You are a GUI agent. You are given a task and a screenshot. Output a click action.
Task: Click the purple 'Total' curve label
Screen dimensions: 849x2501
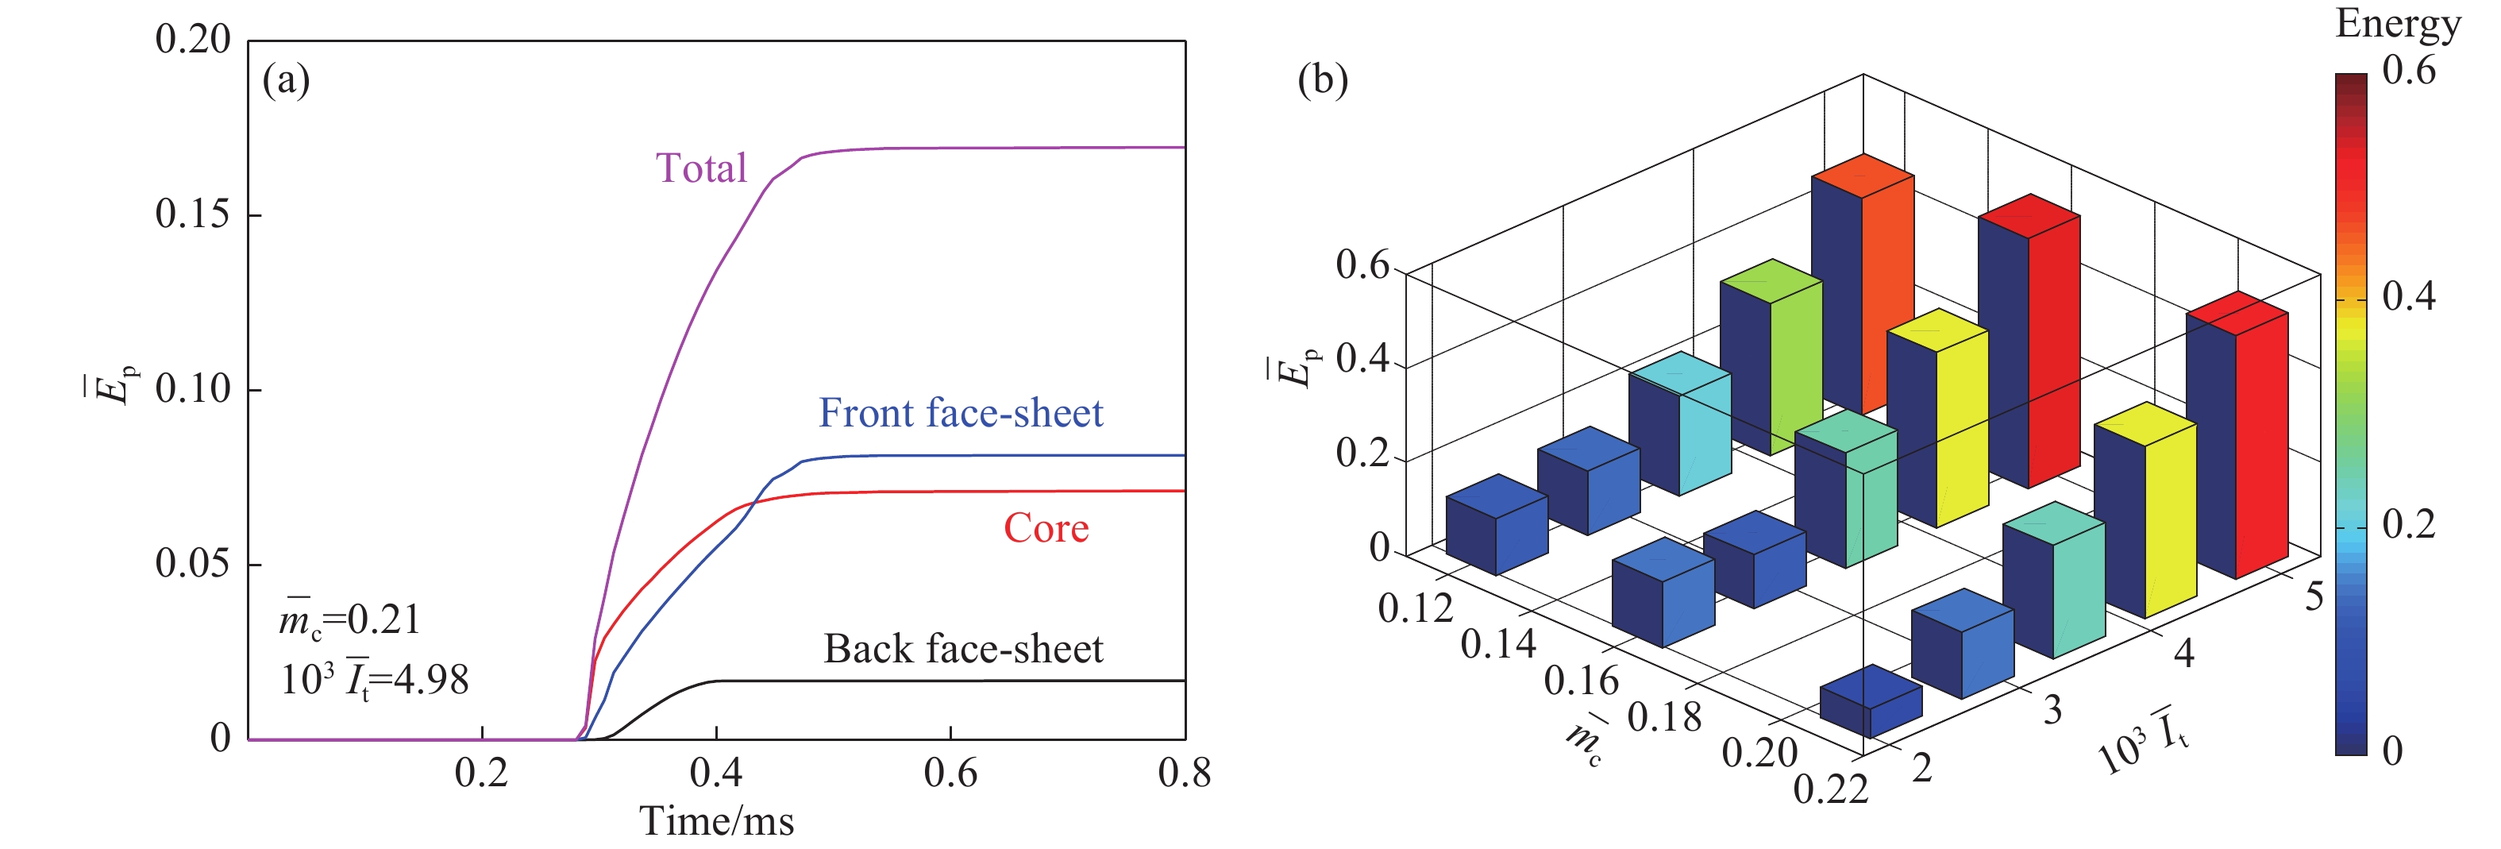tap(701, 168)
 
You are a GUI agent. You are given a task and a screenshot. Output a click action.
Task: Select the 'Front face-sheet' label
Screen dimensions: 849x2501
tap(960, 413)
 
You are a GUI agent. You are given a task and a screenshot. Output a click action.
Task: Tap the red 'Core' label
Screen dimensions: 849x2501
tap(1046, 527)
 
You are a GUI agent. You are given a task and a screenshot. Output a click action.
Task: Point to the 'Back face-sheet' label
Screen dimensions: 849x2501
tap(963, 649)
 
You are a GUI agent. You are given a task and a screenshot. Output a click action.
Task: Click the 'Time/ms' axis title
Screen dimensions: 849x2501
tap(716, 822)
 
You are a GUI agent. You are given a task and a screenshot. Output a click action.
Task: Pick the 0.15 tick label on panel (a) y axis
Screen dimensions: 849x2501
tap(193, 214)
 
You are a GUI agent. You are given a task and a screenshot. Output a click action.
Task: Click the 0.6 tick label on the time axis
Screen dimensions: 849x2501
tap(950, 774)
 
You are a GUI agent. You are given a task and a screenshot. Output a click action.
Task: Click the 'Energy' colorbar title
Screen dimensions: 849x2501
tap(2397, 23)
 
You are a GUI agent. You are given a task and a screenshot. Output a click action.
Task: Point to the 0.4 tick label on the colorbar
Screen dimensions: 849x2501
tap(2409, 296)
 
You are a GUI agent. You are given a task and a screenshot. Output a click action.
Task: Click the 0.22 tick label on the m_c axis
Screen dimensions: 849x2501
tap(1830, 789)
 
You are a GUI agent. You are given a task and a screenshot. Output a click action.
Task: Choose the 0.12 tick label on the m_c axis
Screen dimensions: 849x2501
tap(1416, 608)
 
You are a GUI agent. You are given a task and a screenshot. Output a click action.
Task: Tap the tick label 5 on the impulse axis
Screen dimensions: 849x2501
tap(2314, 596)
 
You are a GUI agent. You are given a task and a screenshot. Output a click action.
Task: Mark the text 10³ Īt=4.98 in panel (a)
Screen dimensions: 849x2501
tap(375, 680)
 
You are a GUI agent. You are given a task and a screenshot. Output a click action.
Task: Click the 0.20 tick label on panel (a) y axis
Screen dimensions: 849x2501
tap(193, 39)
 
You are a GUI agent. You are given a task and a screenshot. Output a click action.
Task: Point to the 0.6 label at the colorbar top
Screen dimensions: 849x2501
tap(2409, 70)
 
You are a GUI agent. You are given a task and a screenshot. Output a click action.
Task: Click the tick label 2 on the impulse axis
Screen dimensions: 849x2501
tap(1921, 768)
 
